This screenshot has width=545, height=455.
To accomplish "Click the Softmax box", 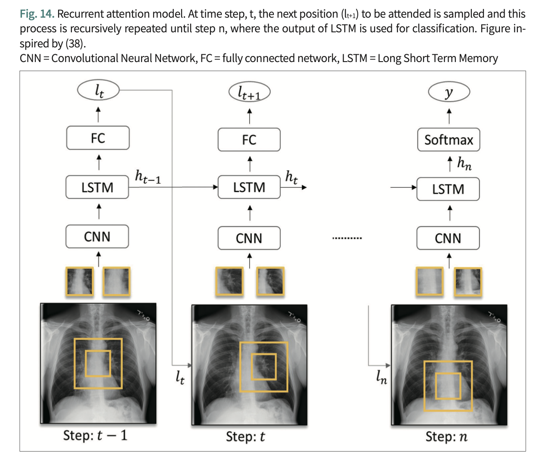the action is (x=449, y=140).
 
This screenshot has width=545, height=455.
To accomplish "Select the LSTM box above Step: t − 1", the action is (x=97, y=187).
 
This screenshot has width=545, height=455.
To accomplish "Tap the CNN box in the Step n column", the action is (x=448, y=238).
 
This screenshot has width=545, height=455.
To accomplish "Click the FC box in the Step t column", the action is (x=249, y=140).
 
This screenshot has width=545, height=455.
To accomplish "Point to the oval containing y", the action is (x=449, y=92).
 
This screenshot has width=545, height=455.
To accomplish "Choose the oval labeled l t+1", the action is (x=249, y=92).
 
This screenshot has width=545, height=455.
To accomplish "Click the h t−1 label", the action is (x=148, y=177).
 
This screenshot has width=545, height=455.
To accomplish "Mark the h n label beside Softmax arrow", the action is (x=464, y=163).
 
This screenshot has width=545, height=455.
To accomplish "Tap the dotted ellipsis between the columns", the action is (x=347, y=238).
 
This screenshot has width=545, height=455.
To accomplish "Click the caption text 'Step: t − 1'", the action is (x=95, y=435).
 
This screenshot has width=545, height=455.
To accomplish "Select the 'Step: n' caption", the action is (x=446, y=436).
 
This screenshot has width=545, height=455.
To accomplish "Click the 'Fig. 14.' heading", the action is (x=37, y=14).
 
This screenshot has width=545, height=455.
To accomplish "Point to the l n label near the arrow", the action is (x=381, y=377).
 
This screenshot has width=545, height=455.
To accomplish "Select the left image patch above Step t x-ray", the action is (x=229, y=281).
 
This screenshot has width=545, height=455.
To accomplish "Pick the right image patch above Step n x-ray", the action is (x=468, y=281).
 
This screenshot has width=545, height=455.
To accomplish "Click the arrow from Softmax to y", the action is (x=449, y=116).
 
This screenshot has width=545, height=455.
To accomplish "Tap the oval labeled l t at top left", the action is (x=98, y=90).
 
